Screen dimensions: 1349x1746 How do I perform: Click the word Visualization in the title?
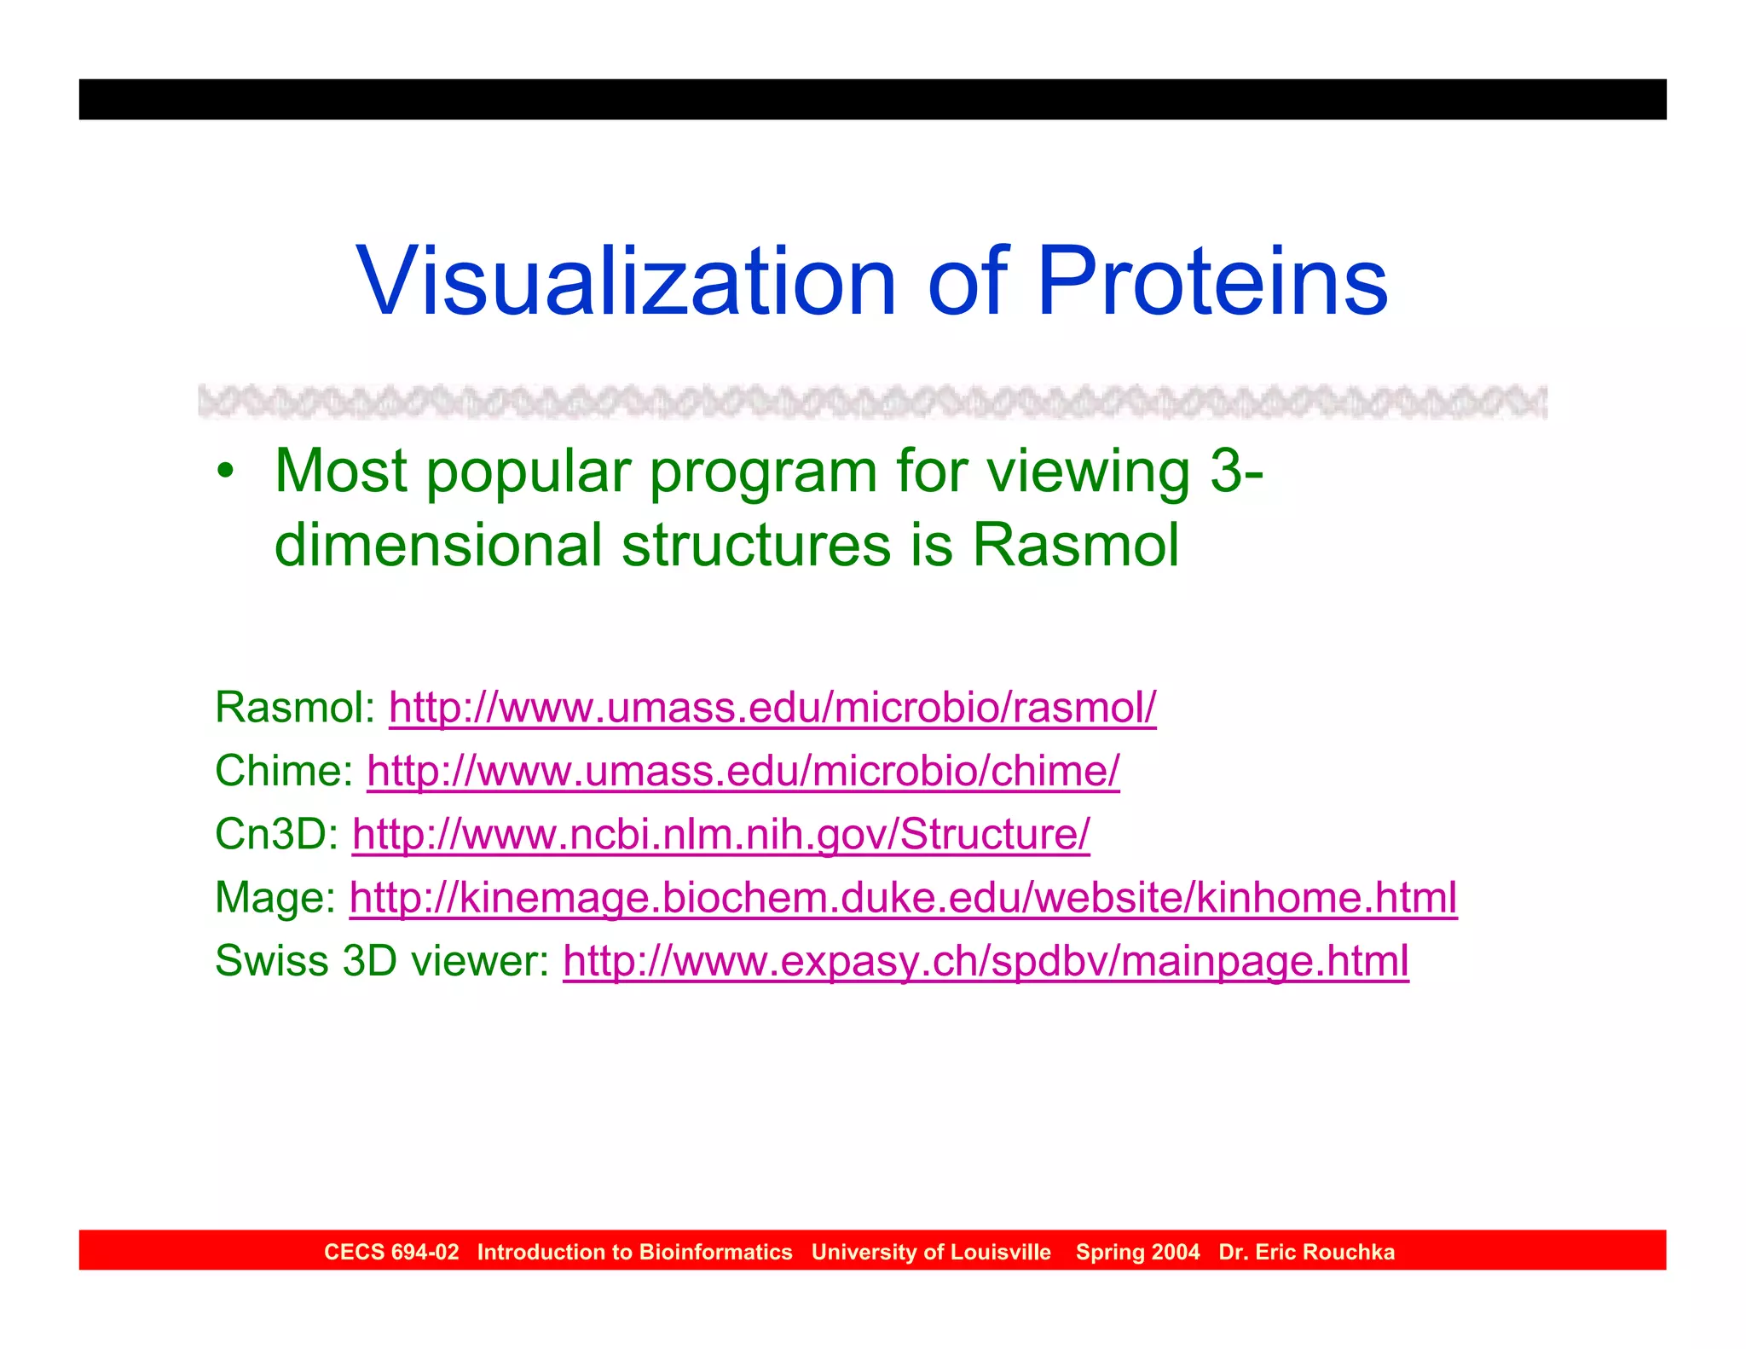coord(627,281)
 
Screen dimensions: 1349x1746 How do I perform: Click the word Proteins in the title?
coord(1211,281)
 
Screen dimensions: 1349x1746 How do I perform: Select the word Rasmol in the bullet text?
coord(1076,545)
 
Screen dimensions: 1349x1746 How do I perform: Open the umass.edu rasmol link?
coord(772,708)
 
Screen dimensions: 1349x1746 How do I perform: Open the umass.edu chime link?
coord(743,771)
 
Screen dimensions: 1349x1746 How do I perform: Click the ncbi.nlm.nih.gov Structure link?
coord(720,834)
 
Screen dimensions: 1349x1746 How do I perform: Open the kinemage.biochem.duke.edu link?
coord(903,898)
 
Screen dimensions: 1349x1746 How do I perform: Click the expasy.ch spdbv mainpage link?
coord(986,961)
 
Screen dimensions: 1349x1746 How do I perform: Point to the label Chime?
coord(284,771)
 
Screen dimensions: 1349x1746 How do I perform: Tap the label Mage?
coord(275,898)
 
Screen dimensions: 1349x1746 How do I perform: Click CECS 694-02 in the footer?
coord(391,1252)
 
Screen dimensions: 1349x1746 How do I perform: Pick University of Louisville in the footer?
coord(931,1252)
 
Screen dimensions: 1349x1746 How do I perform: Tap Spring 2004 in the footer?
coord(1137,1252)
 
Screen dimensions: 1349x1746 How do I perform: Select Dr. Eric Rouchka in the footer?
coord(1306,1252)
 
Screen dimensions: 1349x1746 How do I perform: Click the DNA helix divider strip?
coord(872,402)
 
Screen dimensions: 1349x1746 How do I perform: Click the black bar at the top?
coord(872,99)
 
